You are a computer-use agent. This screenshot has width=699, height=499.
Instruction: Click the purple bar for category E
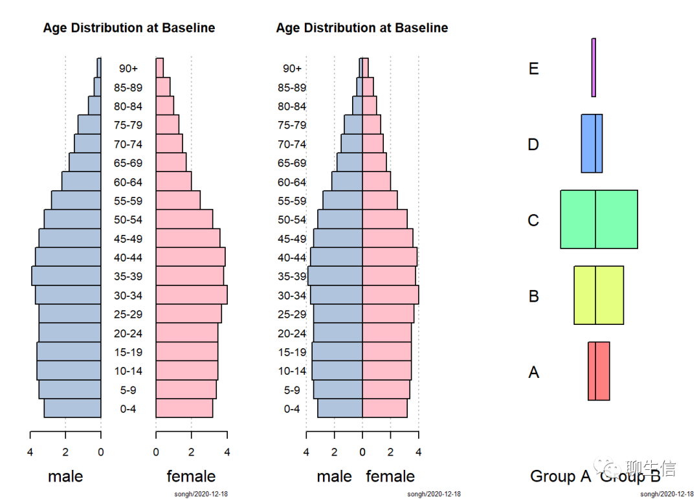point(594,68)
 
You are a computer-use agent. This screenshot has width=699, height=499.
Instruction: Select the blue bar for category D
point(592,144)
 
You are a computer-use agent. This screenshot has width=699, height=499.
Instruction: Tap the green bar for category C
point(599,219)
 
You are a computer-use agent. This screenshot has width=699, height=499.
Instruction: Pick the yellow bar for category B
point(599,295)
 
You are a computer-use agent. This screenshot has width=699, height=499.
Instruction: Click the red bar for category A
point(599,371)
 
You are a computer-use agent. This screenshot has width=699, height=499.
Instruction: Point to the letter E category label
point(533,69)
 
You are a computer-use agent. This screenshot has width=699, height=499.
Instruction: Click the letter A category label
point(533,373)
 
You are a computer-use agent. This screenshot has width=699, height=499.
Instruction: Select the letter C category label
point(533,221)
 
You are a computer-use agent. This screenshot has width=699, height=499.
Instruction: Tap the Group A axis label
point(560,477)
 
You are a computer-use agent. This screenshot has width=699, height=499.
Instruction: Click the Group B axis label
point(630,477)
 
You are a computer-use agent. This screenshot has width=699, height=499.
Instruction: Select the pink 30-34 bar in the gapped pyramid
point(191,295)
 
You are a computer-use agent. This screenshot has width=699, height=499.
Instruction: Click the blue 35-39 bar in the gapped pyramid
point(66,276)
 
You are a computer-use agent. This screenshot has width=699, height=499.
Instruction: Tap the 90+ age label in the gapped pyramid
point(128,69)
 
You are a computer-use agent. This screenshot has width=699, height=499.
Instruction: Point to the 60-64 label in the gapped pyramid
point(128,183)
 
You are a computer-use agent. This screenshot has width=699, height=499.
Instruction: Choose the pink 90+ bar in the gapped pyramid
point(159,68)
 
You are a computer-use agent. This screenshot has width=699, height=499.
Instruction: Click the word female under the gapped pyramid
point(191,477)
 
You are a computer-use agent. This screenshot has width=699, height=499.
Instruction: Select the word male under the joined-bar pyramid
point(334,477)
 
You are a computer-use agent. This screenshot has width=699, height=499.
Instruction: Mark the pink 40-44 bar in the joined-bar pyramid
point(390,258)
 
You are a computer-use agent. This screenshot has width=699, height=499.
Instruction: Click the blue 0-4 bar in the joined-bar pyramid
point(340,409)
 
